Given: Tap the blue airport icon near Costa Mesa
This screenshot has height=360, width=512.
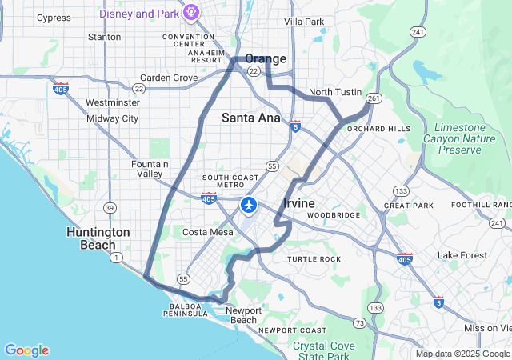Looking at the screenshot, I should click(x=248, y=206).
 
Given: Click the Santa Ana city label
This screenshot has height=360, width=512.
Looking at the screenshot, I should click(x=250, y=118).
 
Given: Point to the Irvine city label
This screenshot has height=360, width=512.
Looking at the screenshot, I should click(x=299, y=204).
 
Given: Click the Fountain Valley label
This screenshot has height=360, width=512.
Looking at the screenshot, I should click(x=150, y=169).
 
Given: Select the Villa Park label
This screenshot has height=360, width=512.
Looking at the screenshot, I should click(x=304, y=21).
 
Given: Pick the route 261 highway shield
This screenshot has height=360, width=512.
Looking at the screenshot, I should click(x=373, y=98).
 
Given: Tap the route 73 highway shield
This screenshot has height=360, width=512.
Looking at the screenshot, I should click(x=359, y=322).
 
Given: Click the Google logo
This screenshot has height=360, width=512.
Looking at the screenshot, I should click(x=26, y=350).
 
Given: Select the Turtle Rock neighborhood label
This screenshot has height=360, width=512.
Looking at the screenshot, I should click(x=314, y=259).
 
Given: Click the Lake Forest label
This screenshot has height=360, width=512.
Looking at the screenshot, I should click(x=462, y=255).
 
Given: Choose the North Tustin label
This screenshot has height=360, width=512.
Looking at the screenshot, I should click(x=335, y=92).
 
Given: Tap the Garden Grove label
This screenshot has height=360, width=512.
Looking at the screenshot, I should click(x=169, y=78).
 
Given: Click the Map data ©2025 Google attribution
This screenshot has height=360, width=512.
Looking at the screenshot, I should click(x=462, y=354).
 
